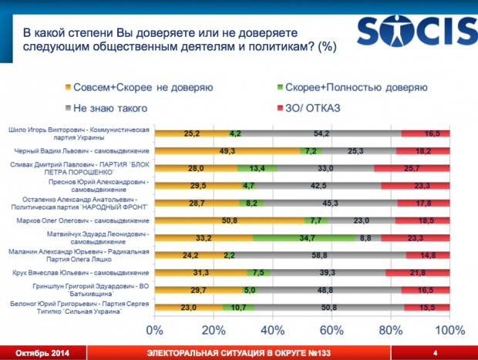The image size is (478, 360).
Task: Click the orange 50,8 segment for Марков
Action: (229, 221)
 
